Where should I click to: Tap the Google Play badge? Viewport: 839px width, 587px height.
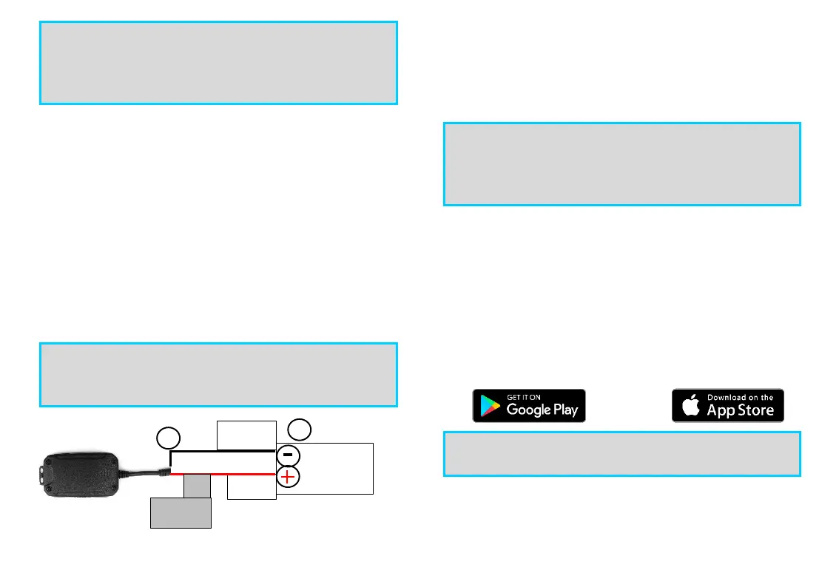(528, 405)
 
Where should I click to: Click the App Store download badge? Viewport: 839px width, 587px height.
(727, 405)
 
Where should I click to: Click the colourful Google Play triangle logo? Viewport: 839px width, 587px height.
(489, 406)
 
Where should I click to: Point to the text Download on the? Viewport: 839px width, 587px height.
(740, 397)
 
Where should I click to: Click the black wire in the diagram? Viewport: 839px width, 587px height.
(222, 451)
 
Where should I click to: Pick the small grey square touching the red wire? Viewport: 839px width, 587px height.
(197, 486)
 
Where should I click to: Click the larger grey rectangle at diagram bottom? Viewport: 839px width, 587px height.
(181, 512)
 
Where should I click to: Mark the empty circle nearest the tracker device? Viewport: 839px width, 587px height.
(169, 438)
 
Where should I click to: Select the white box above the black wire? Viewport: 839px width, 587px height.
(246, 435)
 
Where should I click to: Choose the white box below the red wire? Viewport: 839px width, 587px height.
(252, 488)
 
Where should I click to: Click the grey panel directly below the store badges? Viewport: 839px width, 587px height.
(621, 454)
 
